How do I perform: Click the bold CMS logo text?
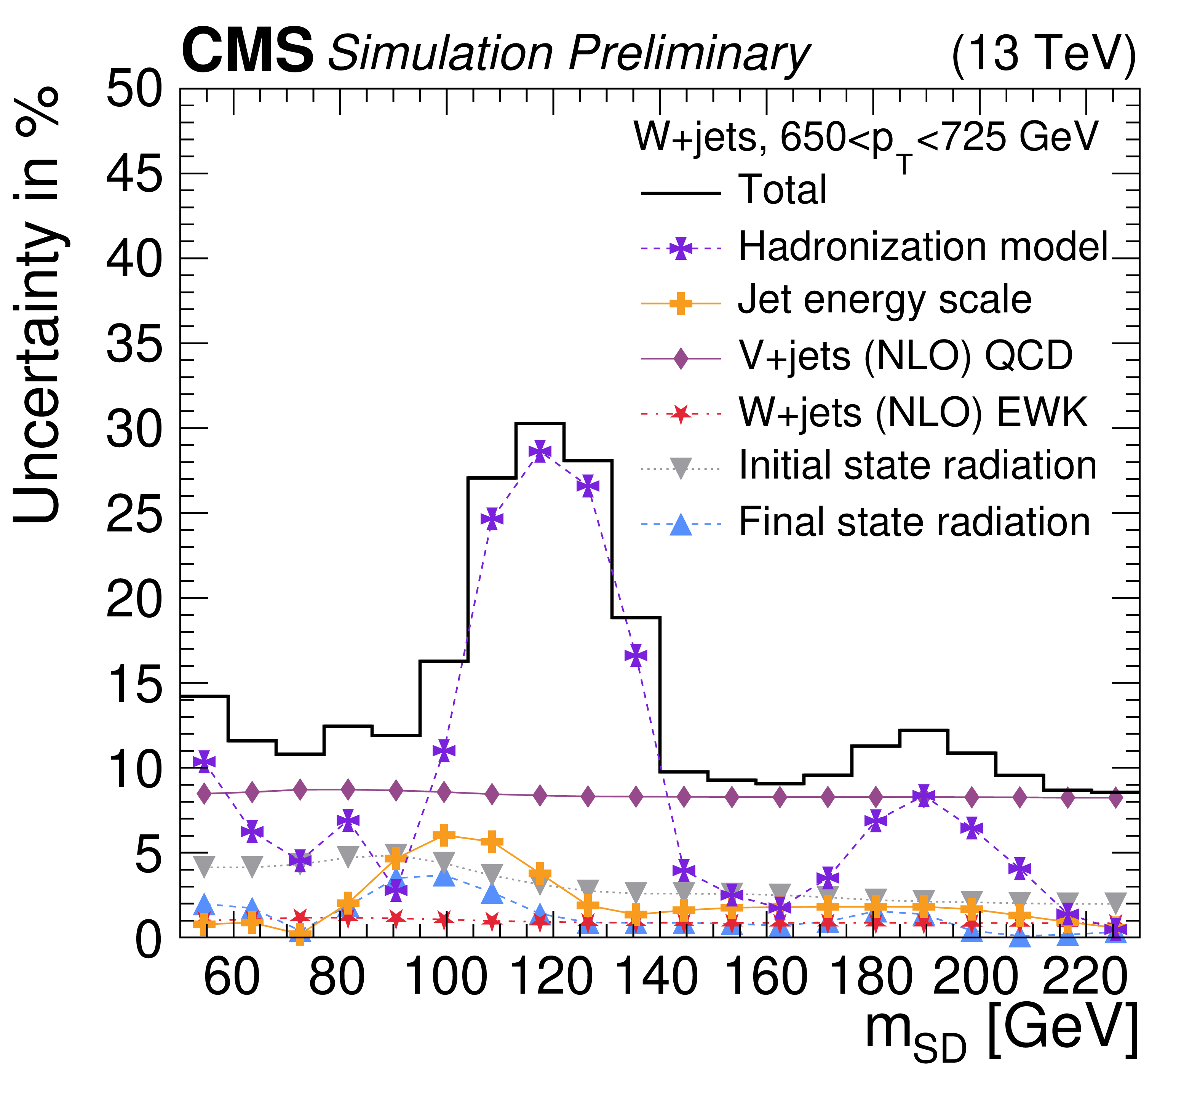247,53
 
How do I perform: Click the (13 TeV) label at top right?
1043,55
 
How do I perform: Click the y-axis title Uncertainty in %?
37,304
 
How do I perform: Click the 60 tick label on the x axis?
232,979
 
